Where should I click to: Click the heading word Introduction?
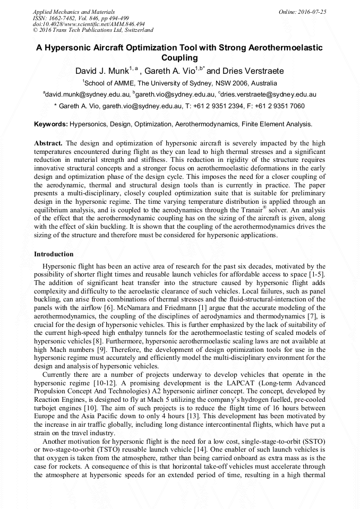pos(54,254)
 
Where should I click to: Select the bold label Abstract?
pos(48,143)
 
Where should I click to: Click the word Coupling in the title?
pos(179,58)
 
